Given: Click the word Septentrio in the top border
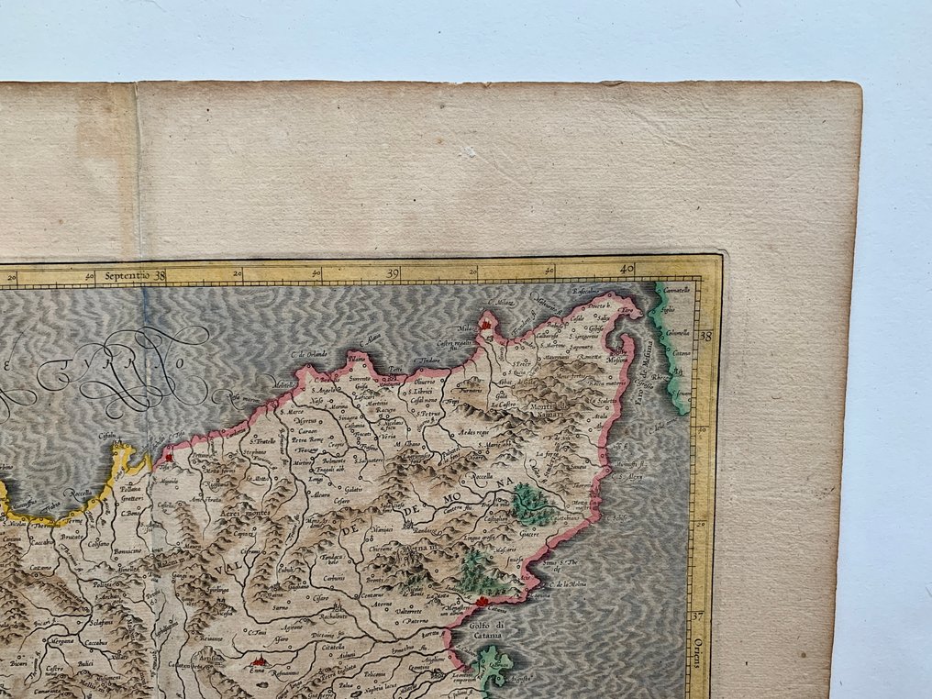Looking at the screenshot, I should (127, 274).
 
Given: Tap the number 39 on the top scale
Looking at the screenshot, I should (394, 272).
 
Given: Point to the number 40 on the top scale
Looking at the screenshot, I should (627, 270).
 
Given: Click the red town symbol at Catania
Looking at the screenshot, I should (478, 601).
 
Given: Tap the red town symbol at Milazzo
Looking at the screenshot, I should (485, 324).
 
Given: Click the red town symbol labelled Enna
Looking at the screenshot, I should (258, 660).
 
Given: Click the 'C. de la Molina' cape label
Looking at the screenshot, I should (570, 584).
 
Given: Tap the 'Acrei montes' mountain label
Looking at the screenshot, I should (239, 514).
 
